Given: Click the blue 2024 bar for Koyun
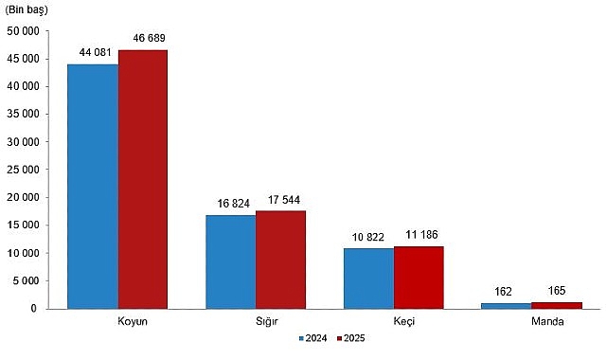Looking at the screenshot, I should pyautogui.click(x=93, y=186).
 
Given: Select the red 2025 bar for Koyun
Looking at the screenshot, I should pyautogui.click(x=143, y=179).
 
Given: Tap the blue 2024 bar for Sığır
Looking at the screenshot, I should pyautogui.click(x=231, y=261).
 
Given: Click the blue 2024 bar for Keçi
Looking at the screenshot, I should pyautogui.click(x=368, y=279).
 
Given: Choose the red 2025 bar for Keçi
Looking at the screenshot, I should pyautogui.click(x=419, y=278).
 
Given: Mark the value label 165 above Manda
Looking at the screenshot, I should pyautogui.click(x=555, y=294).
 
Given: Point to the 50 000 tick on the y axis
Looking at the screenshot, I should pyautogui.click(x=23, y=31).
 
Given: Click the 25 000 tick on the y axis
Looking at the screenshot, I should pyautogui.click(x=23, y=171).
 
